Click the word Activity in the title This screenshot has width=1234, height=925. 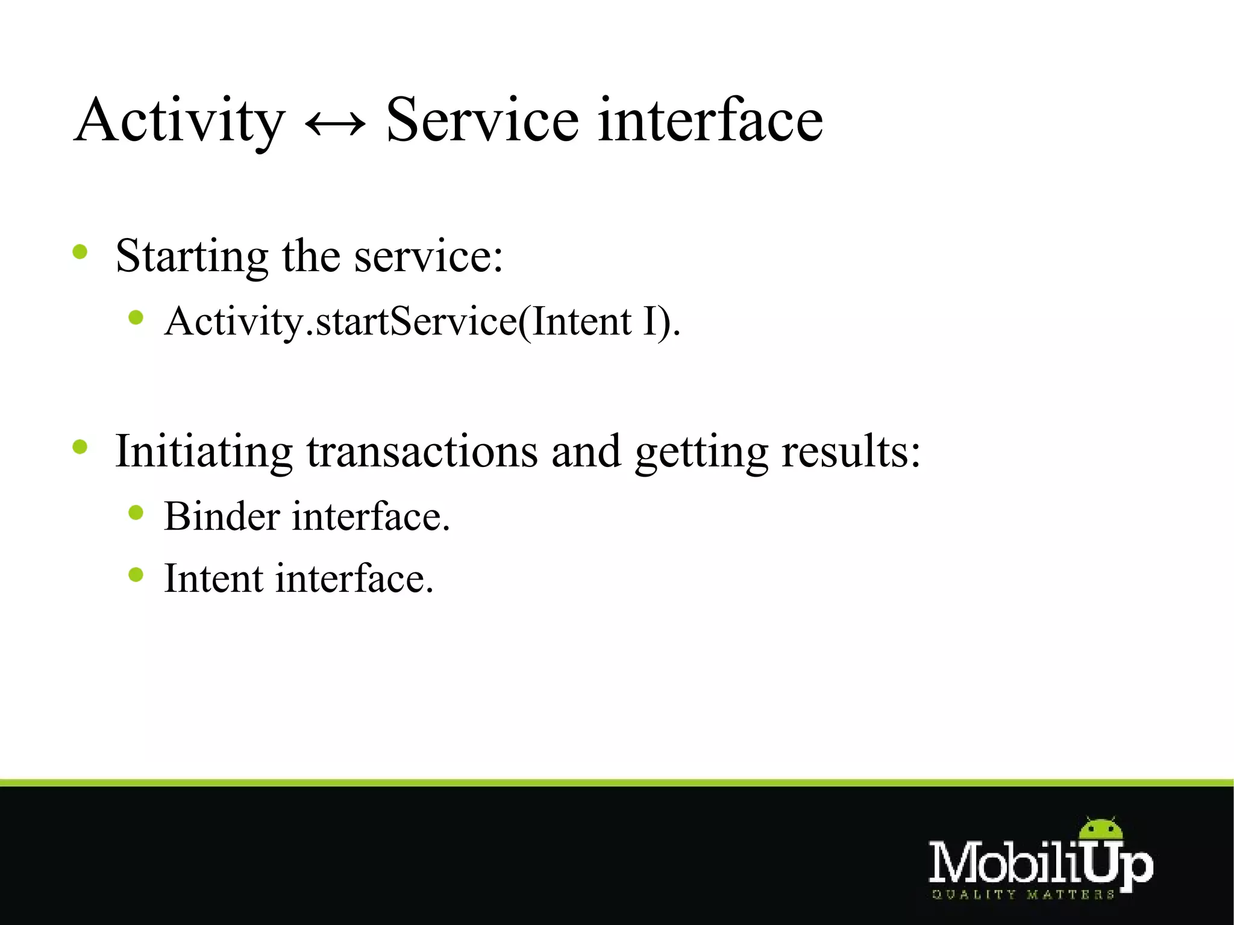(179, 121)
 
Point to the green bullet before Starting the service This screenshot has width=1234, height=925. (80, 251)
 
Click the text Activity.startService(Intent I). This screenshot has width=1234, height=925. (422, 321)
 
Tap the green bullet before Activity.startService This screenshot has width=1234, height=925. (136, 318)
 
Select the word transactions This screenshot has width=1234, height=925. (422, 452)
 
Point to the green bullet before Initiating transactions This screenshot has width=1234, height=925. (80, 447)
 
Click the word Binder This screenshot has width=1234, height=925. (222, 516)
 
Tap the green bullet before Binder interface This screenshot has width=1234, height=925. (136, 513)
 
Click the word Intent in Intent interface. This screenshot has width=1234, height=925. (213, 579)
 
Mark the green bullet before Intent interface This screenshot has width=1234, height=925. (136, 575)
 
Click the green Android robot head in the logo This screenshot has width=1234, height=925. (1101, 829)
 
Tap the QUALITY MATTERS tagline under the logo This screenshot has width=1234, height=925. (1023, 894)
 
